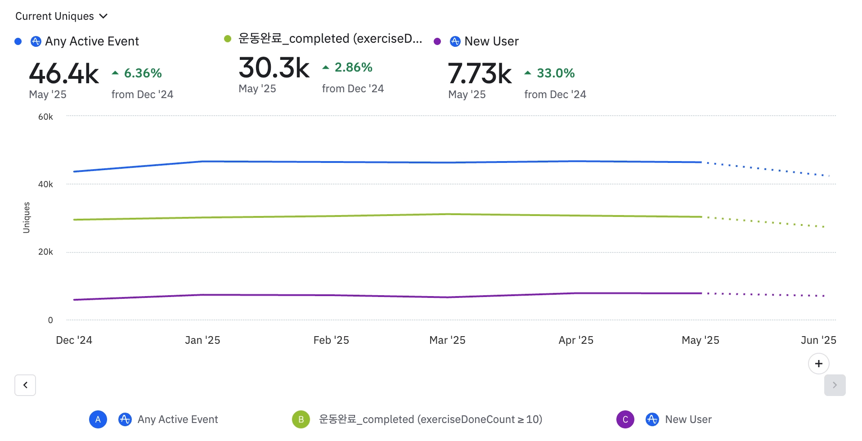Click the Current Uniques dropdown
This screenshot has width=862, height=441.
pyautogui.click(x=61, y=16)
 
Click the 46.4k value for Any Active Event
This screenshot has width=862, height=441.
pyautogui.click(x=64, y=74)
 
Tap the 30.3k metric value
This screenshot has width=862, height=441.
pyautogui.click(x=274, y=68)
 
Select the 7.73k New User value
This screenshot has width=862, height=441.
pyautogui.click(x=480, y=74)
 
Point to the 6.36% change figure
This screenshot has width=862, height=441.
pyautogui.click(x=143, y=73)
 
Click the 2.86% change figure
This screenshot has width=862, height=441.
pyautogui.click(x=353, y=67)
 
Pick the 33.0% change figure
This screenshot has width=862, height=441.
pyautogui.click(x=556, y=73)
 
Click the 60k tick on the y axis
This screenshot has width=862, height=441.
pyautogui.click(x=45, y=117)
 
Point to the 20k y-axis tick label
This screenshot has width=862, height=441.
pyautogui.click(x=45, y=252)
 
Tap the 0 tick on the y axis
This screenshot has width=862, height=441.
pyautogui.click(x=50, y=320)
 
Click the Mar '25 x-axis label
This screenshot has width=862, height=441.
pyautogui.click(x=447, y=340)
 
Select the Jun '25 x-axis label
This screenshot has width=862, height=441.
pyautogui.click(x=818, y=340)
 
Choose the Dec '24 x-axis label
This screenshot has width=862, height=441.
pyautogui.click(x=74, y=340)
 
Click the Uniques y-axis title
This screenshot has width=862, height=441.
pyautogui.click(x=27, y=217)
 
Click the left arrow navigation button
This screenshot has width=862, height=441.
pyautogui.click(x=25, y=385)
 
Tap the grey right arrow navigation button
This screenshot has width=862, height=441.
pyautogui.click(x=835, y=385)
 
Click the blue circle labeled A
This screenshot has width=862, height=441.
pyautogui.click(x=98, y=419)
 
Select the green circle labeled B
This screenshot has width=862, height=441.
pyautogui.click(x=301, y=419)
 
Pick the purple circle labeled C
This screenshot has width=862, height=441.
pyautogui.click(x=625, y=419)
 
